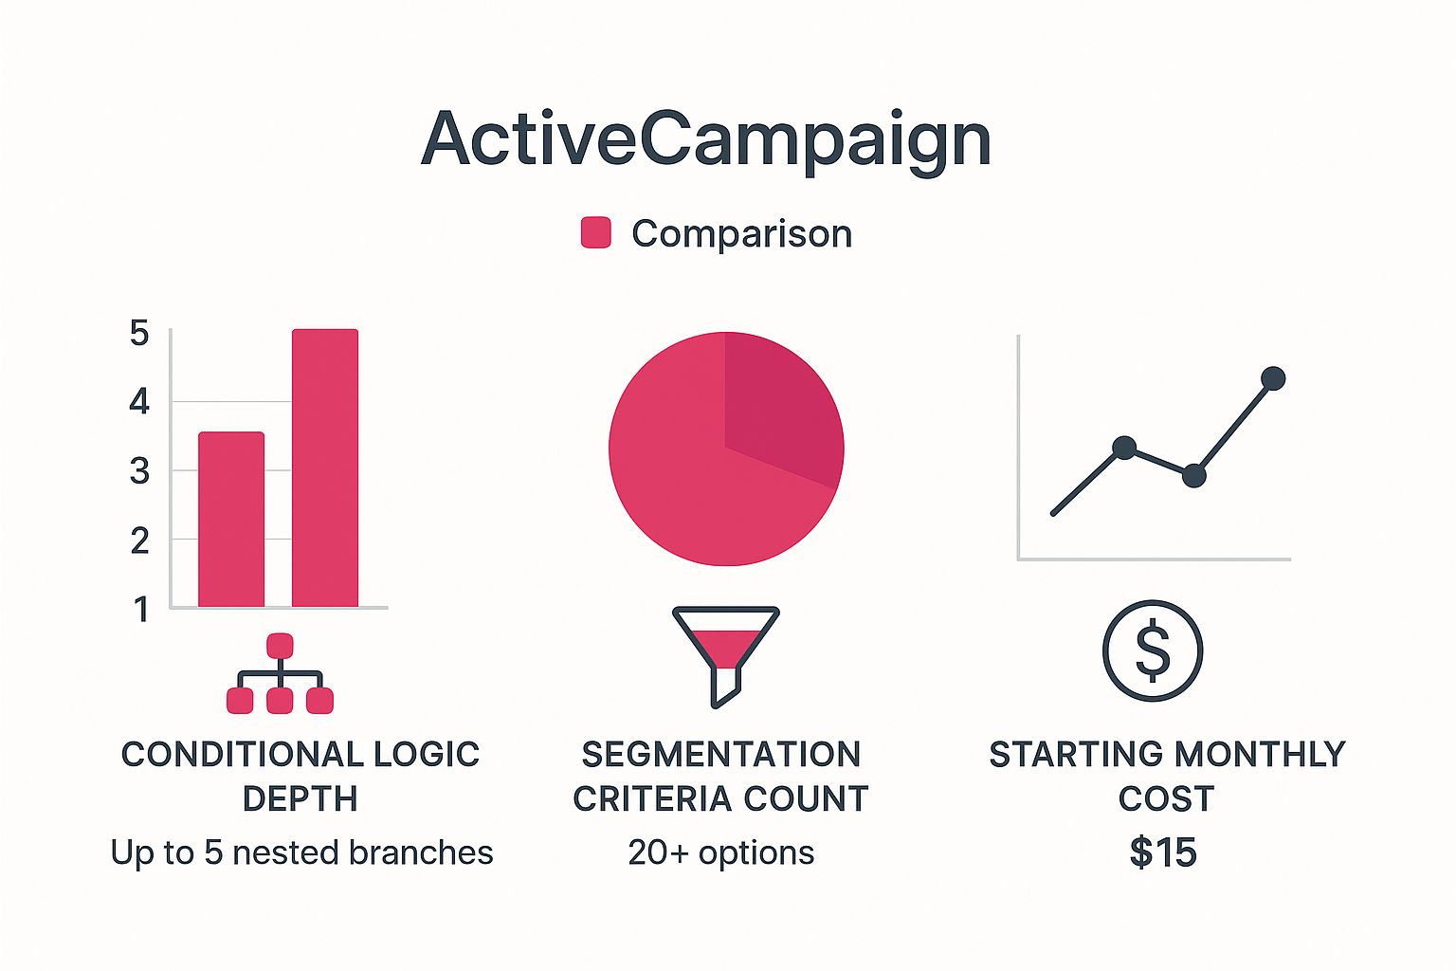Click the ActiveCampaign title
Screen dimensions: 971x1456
706,140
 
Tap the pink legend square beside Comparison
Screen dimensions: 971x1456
595,233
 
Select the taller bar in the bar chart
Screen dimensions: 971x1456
325,468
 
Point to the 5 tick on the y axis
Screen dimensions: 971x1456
139,333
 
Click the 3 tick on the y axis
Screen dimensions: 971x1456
139,471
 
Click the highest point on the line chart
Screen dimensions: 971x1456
1273,379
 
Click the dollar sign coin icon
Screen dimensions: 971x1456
1153,651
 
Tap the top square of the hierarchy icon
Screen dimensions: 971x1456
280,646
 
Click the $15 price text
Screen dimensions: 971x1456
1163,852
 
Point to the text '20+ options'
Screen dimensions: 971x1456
720,852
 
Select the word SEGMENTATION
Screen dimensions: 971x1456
720,755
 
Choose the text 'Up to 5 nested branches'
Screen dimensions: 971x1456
301,852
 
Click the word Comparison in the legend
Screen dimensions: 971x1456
741,233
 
